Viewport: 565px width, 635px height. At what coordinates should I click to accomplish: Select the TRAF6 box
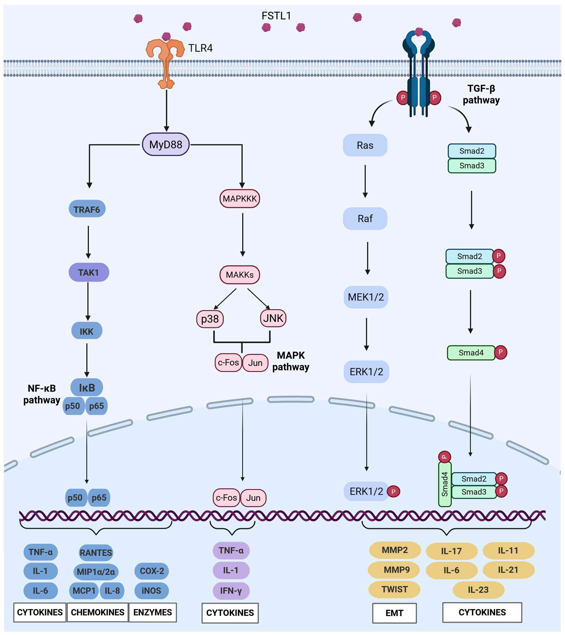[87, 209]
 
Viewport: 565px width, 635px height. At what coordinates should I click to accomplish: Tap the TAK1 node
[88, 273]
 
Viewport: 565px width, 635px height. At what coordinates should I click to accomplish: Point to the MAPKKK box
[239, 199]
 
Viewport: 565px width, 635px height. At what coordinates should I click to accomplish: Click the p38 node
[210, 319]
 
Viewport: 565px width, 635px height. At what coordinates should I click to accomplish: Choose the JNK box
[273, 318]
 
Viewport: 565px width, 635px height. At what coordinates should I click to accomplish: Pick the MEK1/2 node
[366, 297]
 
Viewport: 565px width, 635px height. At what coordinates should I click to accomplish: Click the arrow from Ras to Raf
[365, 181]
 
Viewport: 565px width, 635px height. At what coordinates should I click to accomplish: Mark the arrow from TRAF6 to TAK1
[88, 242]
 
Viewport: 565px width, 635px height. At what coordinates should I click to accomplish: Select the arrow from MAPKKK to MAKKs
[242, 234]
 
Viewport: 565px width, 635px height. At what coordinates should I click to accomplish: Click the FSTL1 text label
[276, 16]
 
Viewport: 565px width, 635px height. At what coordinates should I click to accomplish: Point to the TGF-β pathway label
[481, 94]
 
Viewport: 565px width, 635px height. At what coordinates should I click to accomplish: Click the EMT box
[394, 613]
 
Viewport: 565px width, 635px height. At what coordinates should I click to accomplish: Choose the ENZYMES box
[152, 612]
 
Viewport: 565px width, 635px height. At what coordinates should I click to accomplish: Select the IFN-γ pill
[231, 590]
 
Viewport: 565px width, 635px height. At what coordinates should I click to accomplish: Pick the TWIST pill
[394, 589]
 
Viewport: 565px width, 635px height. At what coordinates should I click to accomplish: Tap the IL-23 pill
[478, 590]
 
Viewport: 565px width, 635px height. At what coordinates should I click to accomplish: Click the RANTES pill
[96, 553]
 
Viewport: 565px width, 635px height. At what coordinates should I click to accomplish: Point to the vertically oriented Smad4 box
[445, 484]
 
